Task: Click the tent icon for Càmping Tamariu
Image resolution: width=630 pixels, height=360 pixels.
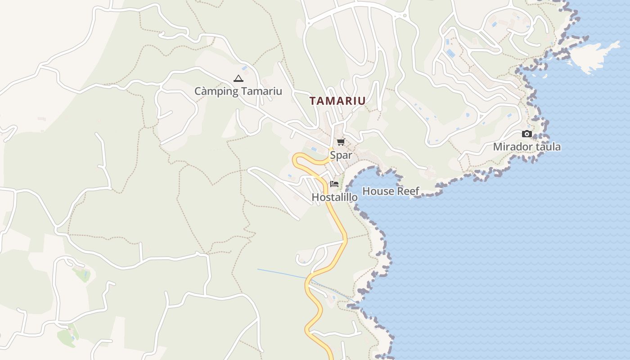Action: [238, 79]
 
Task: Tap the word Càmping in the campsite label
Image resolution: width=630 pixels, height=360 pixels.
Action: [216, 91]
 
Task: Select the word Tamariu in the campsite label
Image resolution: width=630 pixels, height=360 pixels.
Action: [261, 91]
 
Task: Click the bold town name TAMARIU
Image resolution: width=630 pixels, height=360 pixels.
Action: [337, 101]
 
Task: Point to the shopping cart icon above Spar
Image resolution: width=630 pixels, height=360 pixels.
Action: [341, 142]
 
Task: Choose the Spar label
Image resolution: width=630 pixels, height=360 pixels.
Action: [341, 155]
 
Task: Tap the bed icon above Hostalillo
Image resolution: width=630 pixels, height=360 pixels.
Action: [334, 184]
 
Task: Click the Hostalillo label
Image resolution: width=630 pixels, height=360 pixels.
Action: [334, 198]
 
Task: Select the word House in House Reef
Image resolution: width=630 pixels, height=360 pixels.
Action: [377, 191]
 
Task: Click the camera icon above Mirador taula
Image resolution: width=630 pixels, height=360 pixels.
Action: [526, 134]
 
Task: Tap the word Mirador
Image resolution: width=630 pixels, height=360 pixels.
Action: [511, 147]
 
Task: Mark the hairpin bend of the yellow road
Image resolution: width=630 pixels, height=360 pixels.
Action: [297, 159]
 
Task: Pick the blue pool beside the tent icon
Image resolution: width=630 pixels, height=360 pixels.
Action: [244, 68]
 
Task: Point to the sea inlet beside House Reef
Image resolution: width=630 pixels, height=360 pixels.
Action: [373, 178]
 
